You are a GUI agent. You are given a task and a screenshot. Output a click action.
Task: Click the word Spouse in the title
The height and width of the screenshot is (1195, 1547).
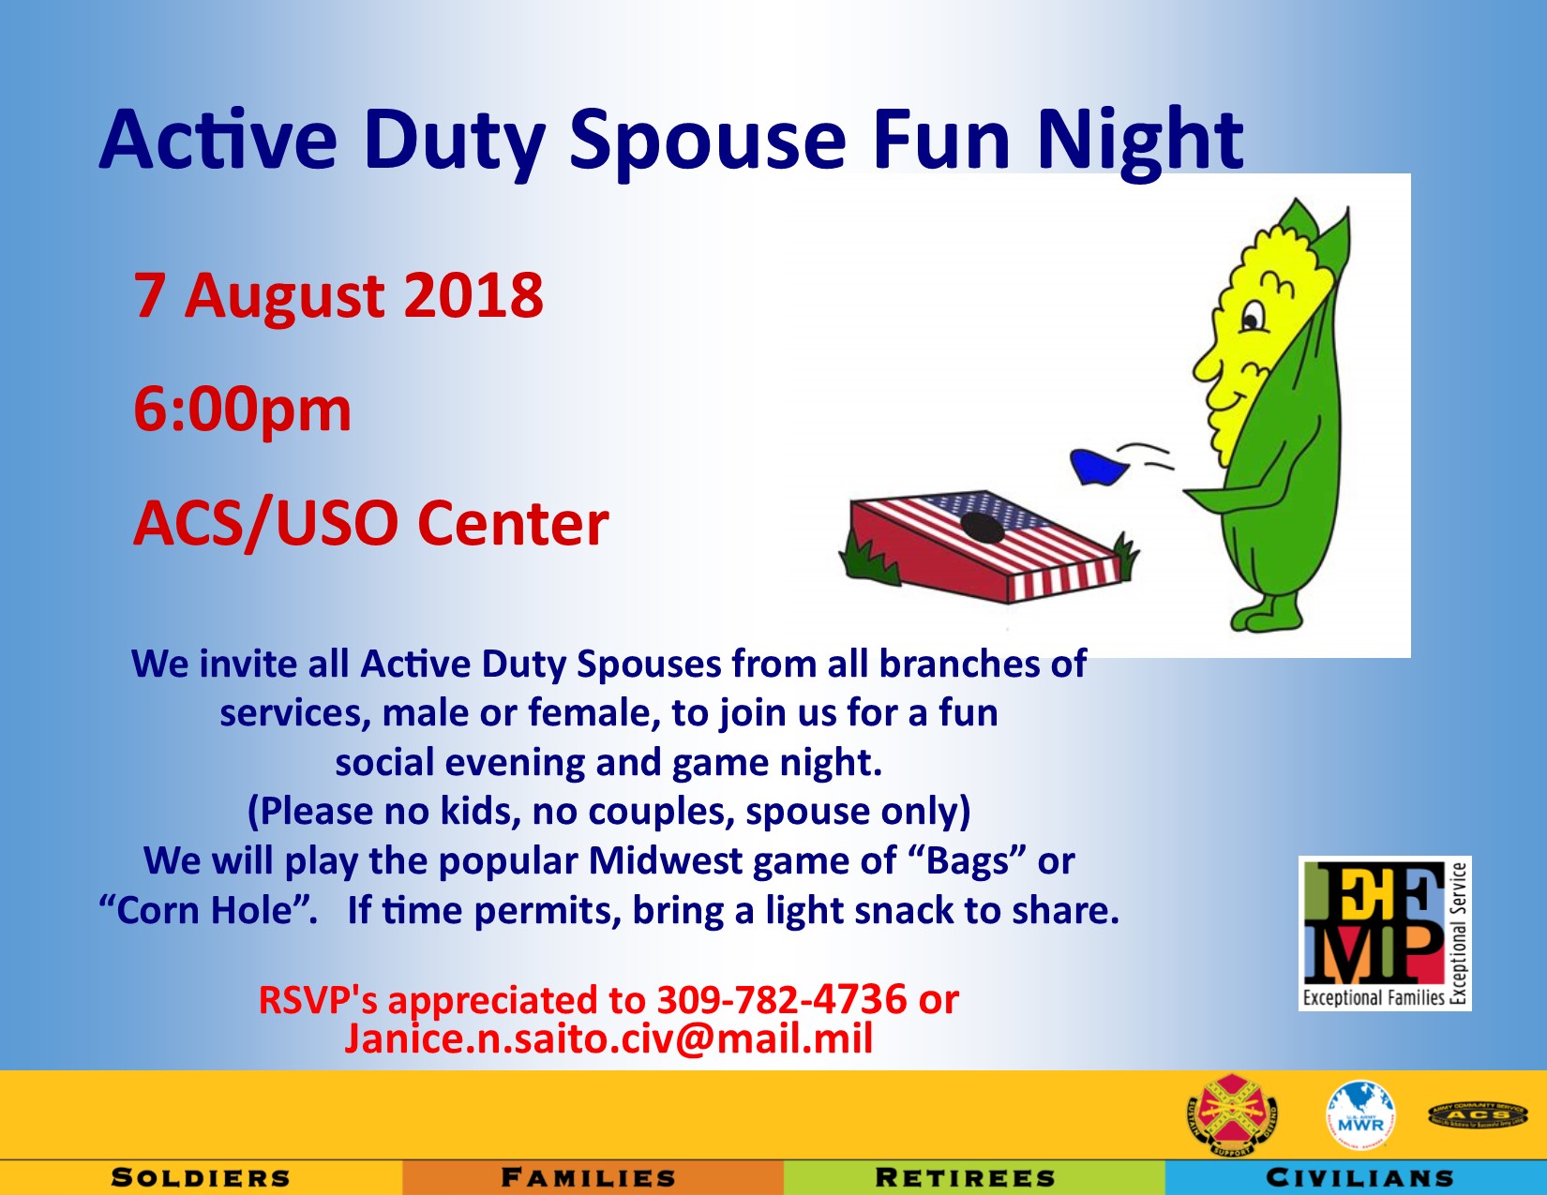(708, 141)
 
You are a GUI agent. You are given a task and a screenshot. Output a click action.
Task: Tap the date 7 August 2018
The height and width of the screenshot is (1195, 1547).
(338, 296)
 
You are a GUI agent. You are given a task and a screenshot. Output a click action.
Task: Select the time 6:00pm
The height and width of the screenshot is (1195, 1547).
(242, 410)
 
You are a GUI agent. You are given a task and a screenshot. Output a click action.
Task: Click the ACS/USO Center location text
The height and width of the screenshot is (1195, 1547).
(370, 523)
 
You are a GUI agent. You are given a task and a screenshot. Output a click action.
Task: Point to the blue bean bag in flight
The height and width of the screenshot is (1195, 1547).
(1098, 467)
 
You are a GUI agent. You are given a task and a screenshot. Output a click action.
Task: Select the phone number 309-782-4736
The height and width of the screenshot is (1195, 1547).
(782, 999)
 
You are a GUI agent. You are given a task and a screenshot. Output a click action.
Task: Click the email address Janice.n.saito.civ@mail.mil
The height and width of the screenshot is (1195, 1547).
(609, 1038)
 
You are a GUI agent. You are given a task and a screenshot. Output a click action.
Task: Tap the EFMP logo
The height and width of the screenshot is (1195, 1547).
(1384, 934)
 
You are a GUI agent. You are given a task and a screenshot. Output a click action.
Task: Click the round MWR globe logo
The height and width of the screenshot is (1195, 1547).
(1359, 1116)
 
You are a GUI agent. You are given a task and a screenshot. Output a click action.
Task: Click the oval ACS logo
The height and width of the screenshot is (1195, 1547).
(1478, 1115)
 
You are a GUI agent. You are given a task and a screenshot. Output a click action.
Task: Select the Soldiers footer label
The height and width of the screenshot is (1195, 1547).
(201, 1178)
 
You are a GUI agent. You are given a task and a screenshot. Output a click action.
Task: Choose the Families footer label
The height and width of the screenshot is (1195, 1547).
(589, 1178)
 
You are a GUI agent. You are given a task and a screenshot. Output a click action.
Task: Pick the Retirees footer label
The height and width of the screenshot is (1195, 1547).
(965, 1178)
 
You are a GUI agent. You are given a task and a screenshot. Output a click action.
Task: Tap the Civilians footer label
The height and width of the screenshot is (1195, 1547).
(1359, 1178)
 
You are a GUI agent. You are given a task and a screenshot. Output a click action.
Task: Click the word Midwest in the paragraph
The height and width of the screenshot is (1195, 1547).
(665, 860)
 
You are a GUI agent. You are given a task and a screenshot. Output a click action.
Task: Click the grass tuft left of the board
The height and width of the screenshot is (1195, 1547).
(868, 559)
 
